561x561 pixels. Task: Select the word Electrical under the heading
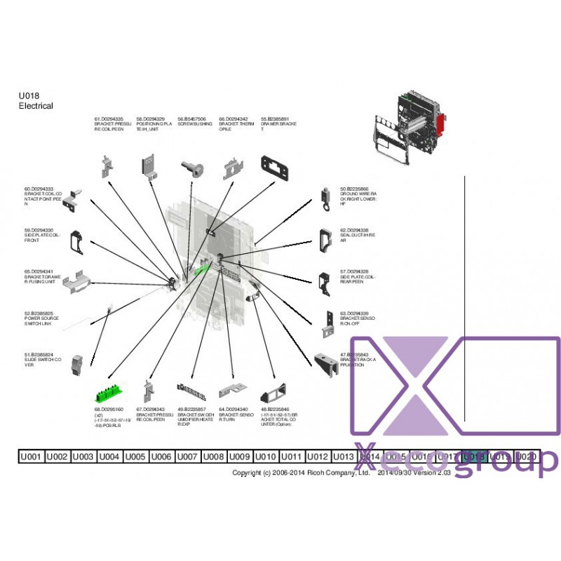(36, 106)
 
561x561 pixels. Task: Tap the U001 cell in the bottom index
(31, 457)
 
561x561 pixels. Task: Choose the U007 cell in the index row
(187, 457)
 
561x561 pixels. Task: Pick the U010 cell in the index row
(266, 457)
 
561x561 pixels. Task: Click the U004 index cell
(109, 457)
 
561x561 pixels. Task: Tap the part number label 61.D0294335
(109, 119)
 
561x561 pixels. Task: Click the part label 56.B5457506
(191, 119)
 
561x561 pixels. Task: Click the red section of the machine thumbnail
(442, 127)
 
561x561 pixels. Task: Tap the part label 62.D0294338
(355, 230)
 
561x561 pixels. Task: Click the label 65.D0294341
(39, 271)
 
